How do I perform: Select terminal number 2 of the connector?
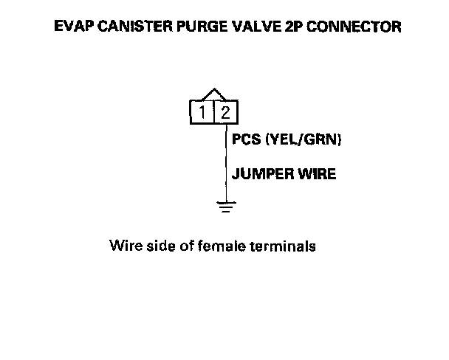[226, 112]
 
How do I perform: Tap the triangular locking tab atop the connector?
[214, 94]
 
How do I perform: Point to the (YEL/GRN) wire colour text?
[304, 139]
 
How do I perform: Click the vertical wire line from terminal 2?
[225, 162]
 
